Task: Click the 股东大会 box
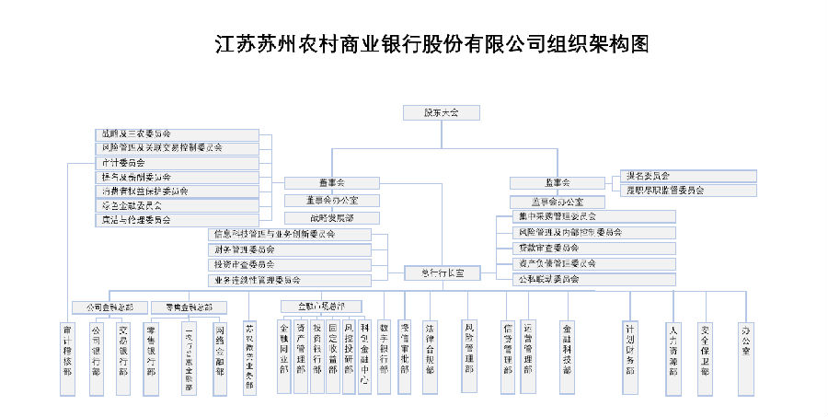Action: tap(442, 112)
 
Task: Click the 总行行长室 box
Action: tap(442, 273)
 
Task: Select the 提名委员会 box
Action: tap(688, 176)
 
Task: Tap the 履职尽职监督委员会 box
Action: tap(688, 191)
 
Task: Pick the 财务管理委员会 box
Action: tap(291, 249)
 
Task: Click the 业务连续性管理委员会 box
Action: tap(291, 279)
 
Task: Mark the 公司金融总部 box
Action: tap(109, 307)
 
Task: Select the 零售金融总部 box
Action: tap(189, 307)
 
